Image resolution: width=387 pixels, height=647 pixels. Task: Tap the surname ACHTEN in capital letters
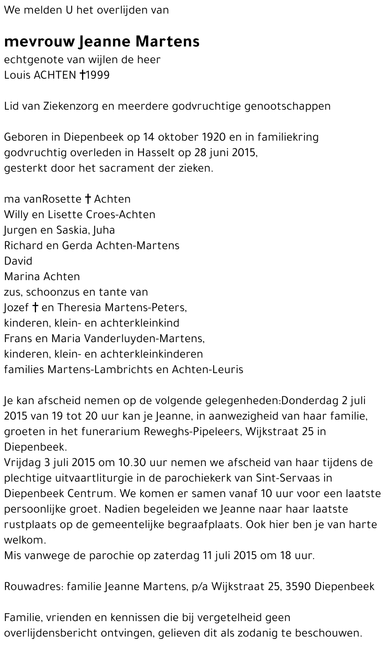[55, 75]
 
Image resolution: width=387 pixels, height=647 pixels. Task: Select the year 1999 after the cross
[98, 75]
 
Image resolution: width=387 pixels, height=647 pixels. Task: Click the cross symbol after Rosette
[88, 199]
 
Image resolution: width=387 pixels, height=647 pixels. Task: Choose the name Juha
[106, 230]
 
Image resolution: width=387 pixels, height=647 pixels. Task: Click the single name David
[18, 261]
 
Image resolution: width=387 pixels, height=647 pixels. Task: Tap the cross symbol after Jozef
[35, 308]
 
